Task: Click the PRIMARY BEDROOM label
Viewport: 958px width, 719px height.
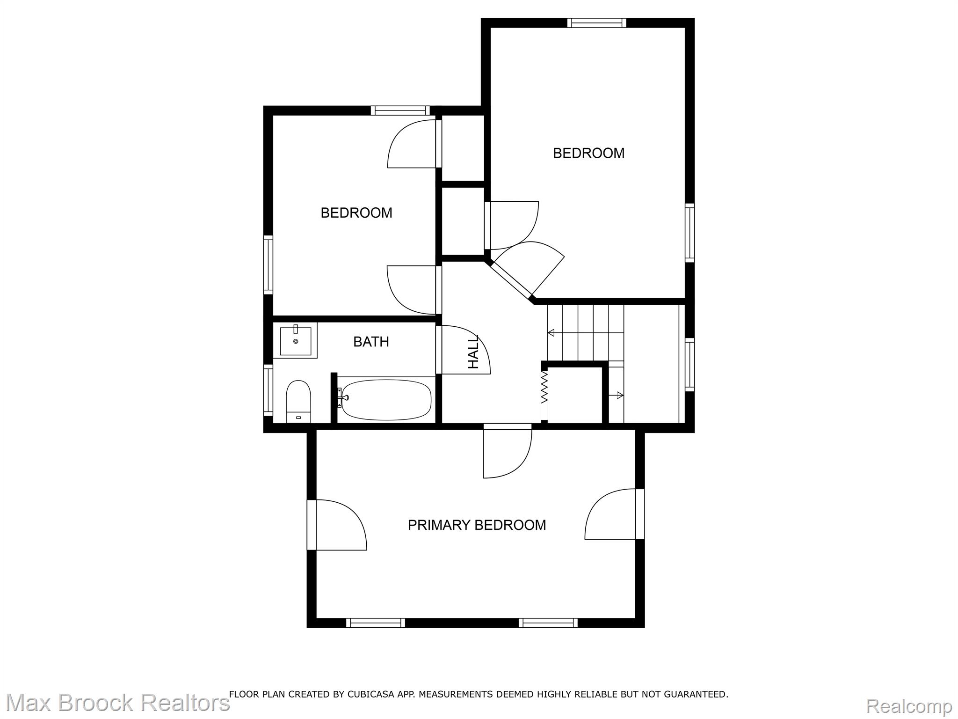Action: [477, 525]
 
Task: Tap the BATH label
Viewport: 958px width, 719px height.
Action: [371, 342]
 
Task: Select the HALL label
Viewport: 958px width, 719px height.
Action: [473, 352]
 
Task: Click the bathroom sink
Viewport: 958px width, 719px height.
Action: [296, 341]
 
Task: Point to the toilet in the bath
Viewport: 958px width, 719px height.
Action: [298, 402]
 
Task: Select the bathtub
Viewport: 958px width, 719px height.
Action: [386, 400]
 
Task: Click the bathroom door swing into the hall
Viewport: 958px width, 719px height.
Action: [465, 349]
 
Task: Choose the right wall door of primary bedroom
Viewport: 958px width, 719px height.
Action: [614, 514]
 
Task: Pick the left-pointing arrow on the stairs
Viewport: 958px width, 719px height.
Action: [585, 333]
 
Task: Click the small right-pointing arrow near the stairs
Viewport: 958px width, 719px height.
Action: [616, 396]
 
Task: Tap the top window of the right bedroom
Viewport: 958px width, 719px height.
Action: [596, 23]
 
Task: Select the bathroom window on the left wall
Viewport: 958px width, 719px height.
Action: [268, 390]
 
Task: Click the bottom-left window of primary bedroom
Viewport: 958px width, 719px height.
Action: [376, 623]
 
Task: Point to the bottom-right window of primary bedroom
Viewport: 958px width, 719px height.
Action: [548, 623]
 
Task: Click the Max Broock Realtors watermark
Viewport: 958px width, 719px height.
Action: [117, 703]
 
